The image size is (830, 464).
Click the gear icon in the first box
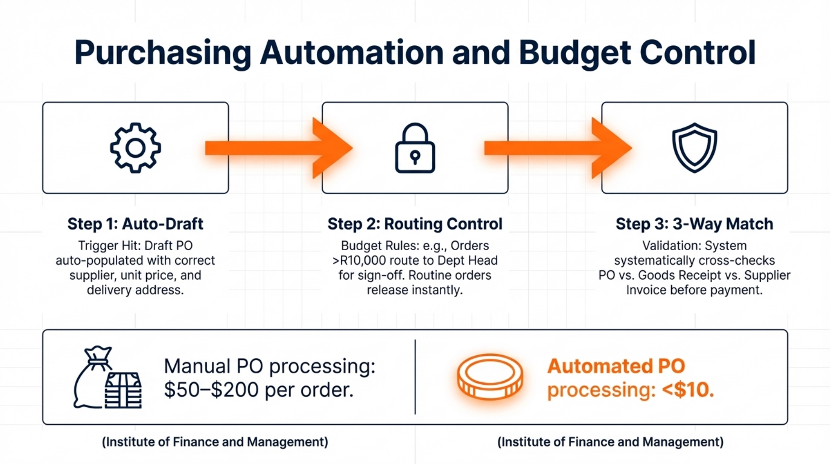(135, 148)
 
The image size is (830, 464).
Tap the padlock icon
(415, 149)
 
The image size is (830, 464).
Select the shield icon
(694, 148)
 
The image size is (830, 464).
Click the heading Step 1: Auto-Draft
(135, 224)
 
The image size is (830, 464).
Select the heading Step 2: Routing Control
(415, 224)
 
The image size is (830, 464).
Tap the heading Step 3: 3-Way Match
(694, 224)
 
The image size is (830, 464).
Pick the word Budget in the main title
(574, 53)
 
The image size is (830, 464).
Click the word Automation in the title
(352, 53)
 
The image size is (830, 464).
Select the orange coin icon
(490, 377)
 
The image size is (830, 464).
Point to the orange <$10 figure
(687, 390)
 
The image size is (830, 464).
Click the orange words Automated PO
(616, 366)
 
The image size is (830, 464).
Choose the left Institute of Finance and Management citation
(215, 442)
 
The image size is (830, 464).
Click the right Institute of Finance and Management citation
(610, 442)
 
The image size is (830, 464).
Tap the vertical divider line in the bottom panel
(415, 377)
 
